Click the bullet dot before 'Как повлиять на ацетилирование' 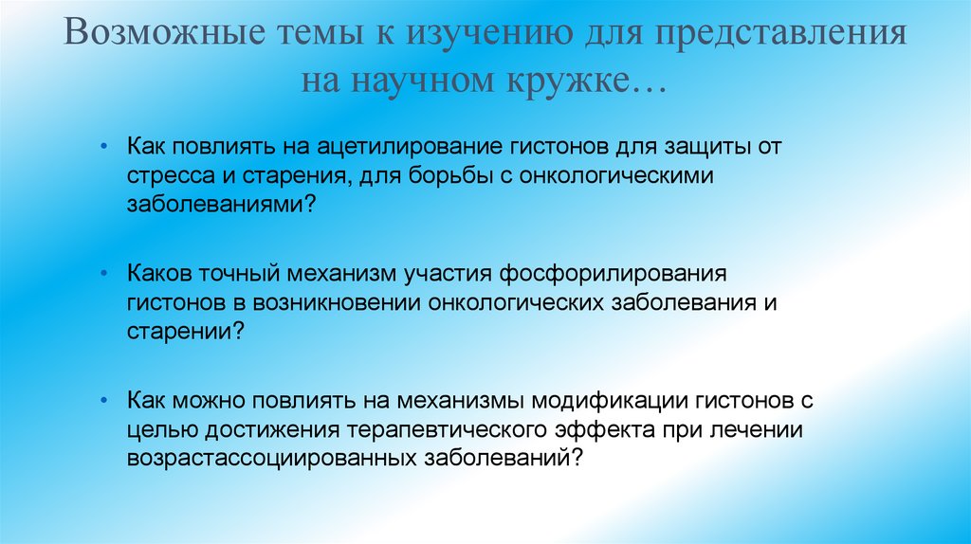click(x=104, y=149)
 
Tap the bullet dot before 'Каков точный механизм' click(x=104, y=274)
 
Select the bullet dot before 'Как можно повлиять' click(x=104, y=401)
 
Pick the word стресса click(x=164, y=176)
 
